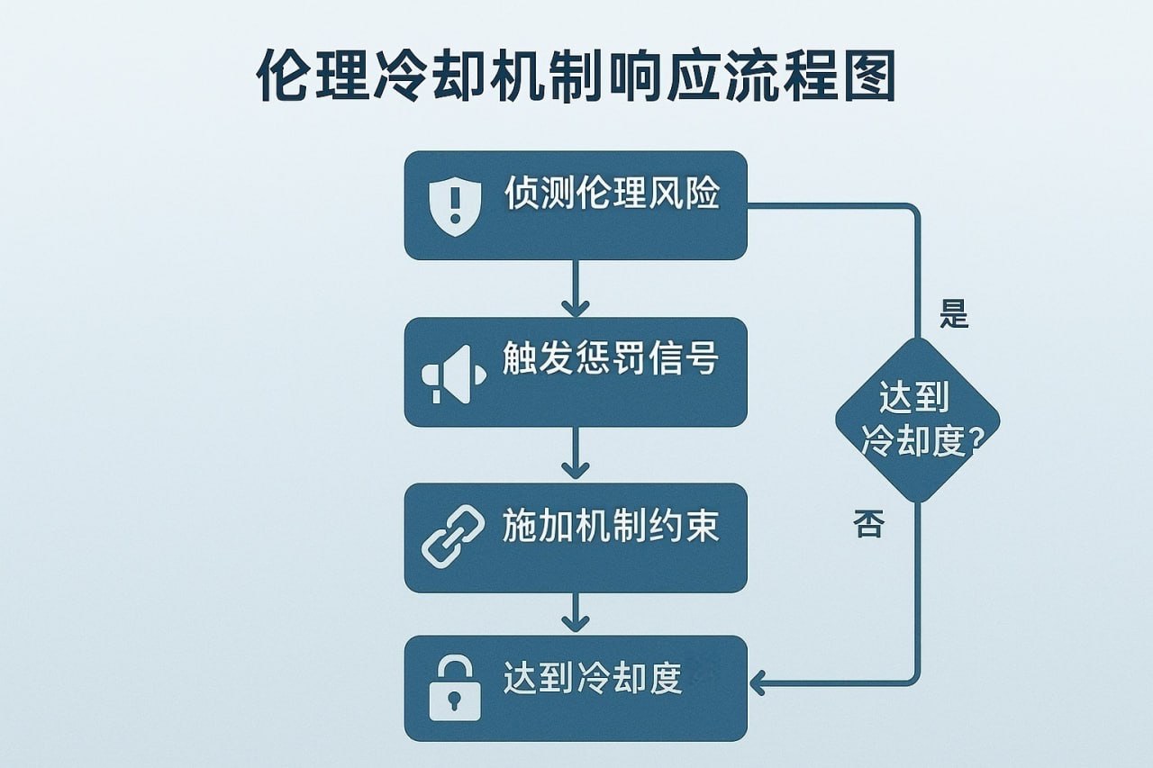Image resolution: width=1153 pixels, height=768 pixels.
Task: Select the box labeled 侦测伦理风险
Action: coord(576,205)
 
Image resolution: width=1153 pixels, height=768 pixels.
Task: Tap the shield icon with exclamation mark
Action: coord(452,206)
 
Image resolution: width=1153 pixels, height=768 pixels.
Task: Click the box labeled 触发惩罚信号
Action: coord(576,372)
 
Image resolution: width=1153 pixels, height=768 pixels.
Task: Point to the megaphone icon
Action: coord(452,372)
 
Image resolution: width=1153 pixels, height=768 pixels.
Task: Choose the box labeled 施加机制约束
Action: coord(576,538)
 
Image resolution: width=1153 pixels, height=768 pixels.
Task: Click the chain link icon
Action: coord(452,538)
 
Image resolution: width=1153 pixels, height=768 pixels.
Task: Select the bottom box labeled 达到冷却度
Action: coord(576,689)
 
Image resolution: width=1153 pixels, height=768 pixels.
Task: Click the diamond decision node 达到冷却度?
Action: coord(918,420)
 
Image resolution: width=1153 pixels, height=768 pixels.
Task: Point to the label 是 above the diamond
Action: coord(954,315)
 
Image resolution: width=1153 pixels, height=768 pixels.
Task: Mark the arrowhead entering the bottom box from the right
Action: coord(758,682)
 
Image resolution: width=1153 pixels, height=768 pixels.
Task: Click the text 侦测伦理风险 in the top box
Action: coord(612,194)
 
